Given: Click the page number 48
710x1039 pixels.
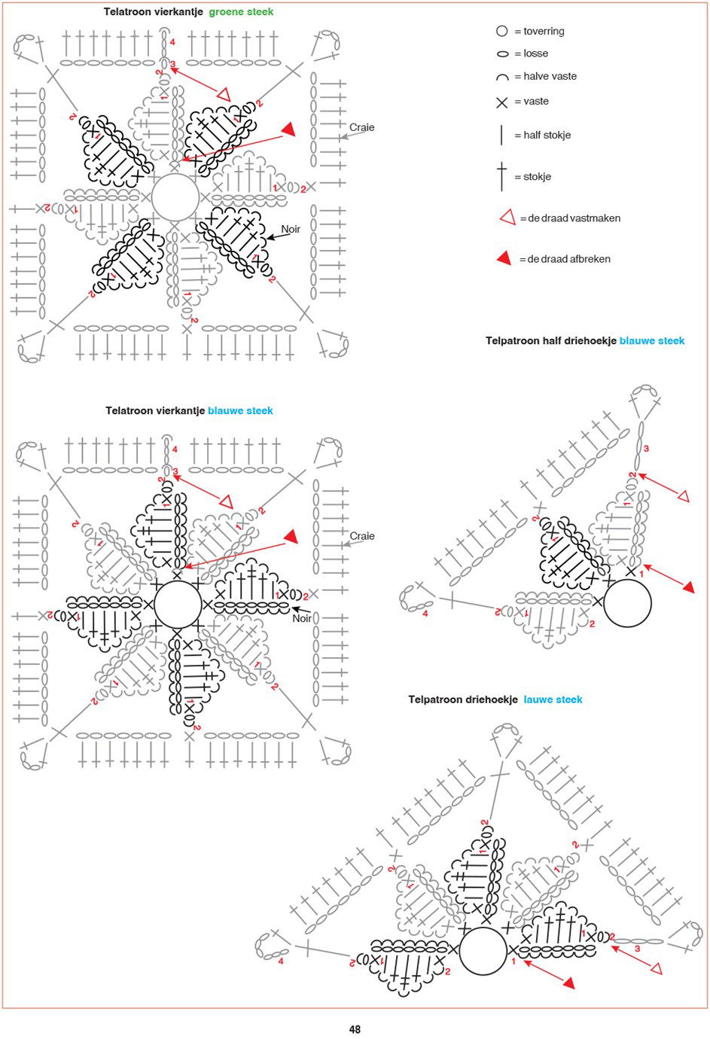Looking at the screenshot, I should pyautogui.click(x=355, y=1029).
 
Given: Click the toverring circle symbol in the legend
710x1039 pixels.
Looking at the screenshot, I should pyautogui.click(x=502, y=31).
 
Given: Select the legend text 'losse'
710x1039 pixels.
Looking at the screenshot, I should pyautogui.click(x=535, y=53).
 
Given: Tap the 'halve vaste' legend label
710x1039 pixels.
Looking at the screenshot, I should pyautogui.click(x=550, y=76).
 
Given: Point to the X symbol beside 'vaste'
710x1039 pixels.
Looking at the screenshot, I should pyautogui.click(x=502, y=102).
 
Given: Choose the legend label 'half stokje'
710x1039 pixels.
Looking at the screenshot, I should pyautogui.click(x=547, y=135).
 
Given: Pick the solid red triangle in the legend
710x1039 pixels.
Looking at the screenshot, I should pyautogui.click(x=504, y=259).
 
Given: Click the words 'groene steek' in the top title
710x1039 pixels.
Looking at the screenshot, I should pyautogui.click(x=241, y=12).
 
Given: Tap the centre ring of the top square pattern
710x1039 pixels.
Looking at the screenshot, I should pyautogui.click(x=175, y=198).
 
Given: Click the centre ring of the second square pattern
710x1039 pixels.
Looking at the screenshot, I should pyautogui.click(x=178, y=604).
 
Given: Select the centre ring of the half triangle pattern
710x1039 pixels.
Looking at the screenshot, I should pyautogui.click(x=627, y=603).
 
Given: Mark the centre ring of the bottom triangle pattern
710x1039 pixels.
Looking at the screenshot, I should pyautogui.click(x=483, y=951).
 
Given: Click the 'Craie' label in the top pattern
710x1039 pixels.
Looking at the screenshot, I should pyautogui.click(x=361, y=127).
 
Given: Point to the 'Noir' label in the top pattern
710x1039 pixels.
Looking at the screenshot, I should pyautogui.click(x=291, y=229).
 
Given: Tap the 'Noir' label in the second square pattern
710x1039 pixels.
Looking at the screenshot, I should pyautogui.click(x=302, y=618).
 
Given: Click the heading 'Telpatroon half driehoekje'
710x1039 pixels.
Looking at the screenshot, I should pyautogui.click(x=550, y=341).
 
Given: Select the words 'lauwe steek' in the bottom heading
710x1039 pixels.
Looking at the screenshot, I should pyautogui.click(x=553, y=699).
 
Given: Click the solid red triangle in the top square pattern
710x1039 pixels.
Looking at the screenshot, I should pyautogui.click(x=287, y=129).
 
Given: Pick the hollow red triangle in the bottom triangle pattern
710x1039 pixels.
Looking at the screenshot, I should pyautogui.click(x=655, y=968).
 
